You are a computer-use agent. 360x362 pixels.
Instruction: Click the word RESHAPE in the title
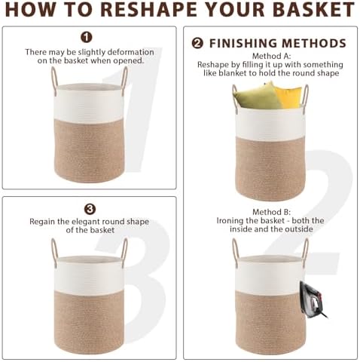[151, 10]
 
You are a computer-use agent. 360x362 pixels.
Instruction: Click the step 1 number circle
[87, 37]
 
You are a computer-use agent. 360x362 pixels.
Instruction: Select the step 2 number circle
[198, 43]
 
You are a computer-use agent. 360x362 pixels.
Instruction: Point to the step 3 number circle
[90, 209]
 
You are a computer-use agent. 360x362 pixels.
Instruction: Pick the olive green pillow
[256, 96]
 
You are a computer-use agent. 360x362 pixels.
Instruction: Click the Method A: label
[271, 56]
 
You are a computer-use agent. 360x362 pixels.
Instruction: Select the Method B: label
[271, 212]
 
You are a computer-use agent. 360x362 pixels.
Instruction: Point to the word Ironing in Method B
[230, 221]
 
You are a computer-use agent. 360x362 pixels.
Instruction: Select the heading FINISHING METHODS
[278, 43]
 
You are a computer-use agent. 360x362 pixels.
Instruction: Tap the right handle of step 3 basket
[124, 251]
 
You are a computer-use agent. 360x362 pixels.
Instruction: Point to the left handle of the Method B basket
[235, 251]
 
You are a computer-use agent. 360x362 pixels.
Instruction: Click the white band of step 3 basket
[89, 276]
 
